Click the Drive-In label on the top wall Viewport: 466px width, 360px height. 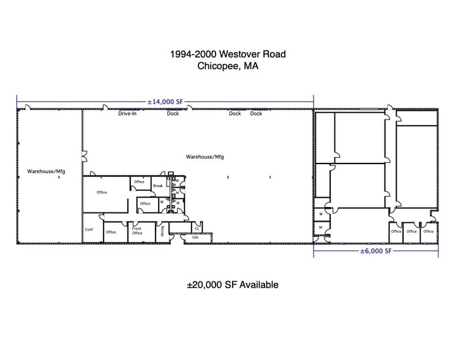[127, 113]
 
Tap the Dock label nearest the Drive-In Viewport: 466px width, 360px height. [173, 113]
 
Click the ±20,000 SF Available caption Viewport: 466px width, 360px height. [233, 285]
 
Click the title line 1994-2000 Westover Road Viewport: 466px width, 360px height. [228, 54]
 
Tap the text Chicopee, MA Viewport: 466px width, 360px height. [228, 67]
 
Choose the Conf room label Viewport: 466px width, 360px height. [89, 230]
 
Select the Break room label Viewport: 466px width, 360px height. [158, 186]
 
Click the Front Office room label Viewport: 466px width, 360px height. [137, 230]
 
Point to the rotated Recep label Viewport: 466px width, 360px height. [162, 230]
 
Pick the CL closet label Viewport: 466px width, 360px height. [197, 228]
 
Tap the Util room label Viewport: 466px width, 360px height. [195, 237]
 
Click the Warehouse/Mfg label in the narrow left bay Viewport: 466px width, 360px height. [46, 171]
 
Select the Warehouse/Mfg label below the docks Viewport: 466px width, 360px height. [205, 157]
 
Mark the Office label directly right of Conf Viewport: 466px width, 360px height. [111, 232]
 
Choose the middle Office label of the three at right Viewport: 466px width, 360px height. [412, 231]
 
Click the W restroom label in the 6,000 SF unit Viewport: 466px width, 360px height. [320, 214]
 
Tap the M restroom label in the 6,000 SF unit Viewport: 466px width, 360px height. [320, 227]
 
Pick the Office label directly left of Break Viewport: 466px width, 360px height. [139, 182]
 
